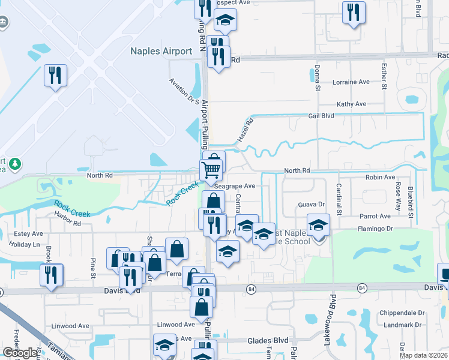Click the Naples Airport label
(161, 51)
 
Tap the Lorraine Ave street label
(351, 82)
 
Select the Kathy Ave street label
(351, 104)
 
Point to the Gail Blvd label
(321, 116)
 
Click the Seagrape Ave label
(235, 186)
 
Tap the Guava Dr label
(311, 205)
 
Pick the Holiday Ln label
(24, 244)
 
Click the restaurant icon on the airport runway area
(55, 75)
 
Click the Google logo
(20, 353)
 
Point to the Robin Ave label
(381, 178)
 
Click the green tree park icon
(14, 164)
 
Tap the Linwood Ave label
(176, 325)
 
